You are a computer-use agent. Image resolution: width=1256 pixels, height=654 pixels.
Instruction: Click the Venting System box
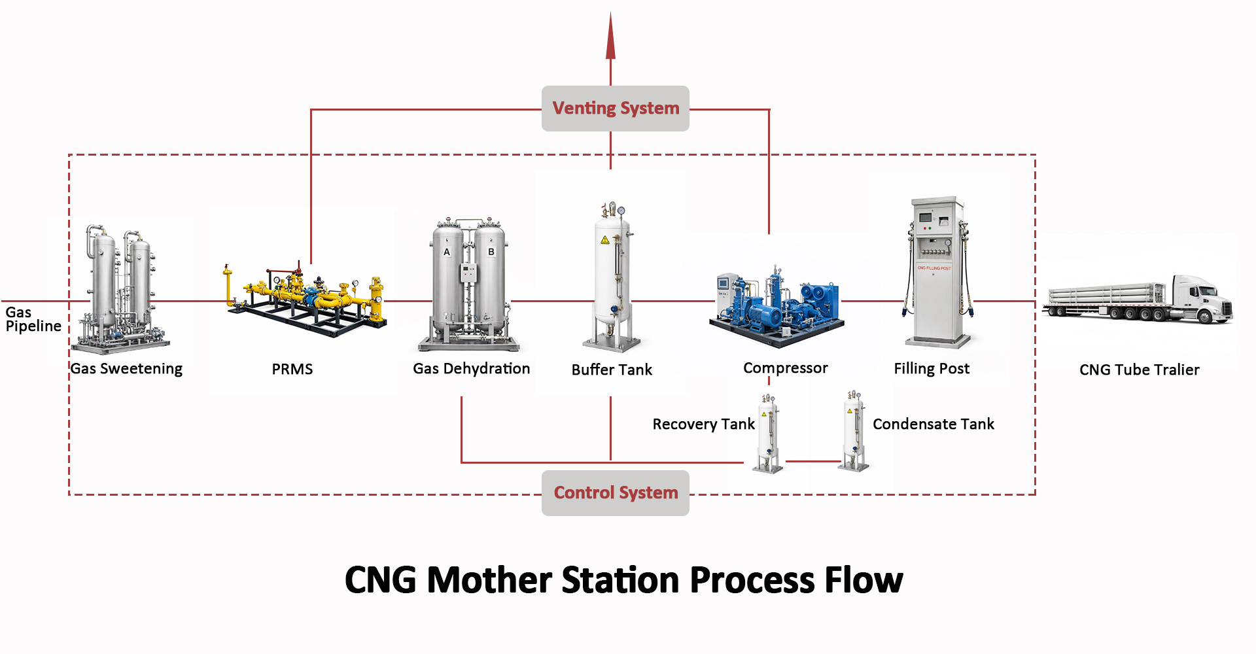pyautogui.click(x=615, y=109)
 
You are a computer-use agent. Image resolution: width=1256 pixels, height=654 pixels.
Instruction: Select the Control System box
pyautogui.click(x=615, y=492)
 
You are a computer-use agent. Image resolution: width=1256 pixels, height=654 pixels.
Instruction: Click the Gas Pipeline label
pyautogui.click(x=33, y=319)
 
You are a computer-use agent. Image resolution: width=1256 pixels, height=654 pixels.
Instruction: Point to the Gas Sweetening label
pyautogui.click(x=126, y=369)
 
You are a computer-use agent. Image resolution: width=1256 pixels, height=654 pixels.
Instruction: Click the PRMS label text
pyautogui.click(x=292, y=370)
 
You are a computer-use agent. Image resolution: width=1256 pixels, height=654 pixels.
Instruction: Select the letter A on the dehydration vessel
pyautogui.click(x=447, y=252)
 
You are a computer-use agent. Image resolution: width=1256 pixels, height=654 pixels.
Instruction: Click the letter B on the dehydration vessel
pyautogui.click(x=491, y=252)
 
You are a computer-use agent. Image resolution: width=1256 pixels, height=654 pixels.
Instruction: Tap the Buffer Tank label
pyautogui.click(x=612, y=370)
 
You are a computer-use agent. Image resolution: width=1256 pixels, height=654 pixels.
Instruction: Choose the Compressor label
pyautogui.click(x=785, y=368)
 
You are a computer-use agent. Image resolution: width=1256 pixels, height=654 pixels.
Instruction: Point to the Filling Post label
pyautogui.click(x=932, y=369)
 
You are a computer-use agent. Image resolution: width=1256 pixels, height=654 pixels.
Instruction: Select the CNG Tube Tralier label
pyautogui.click(x=1139, y=370)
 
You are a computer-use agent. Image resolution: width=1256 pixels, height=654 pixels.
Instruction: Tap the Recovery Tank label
pyautogui.click(x=703, y=424)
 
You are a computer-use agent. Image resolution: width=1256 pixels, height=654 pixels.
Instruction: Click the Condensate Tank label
pyautogui.click(x=933, y=424)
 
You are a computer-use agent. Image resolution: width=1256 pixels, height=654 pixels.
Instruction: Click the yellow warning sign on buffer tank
pyautogui.click(x=605, y=240)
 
